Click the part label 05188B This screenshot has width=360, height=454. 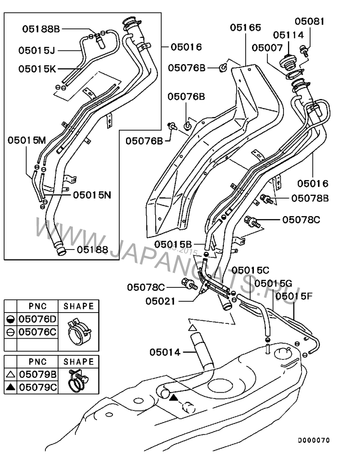[41, 28]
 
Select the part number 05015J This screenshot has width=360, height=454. [37, 50]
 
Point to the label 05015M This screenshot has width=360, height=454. [27, 140]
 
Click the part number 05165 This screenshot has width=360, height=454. [245, 27]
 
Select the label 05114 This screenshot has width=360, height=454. [288, 35]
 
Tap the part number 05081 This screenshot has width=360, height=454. [310, 21]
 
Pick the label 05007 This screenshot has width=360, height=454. [267, 47]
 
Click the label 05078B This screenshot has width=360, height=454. [310, 198]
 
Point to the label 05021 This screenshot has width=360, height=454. [160, 300]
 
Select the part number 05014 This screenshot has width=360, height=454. [165, 352]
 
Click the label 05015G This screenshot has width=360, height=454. [273, 283]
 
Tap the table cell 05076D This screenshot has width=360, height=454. [37, 319]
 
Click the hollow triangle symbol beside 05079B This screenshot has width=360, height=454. [11, 374]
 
